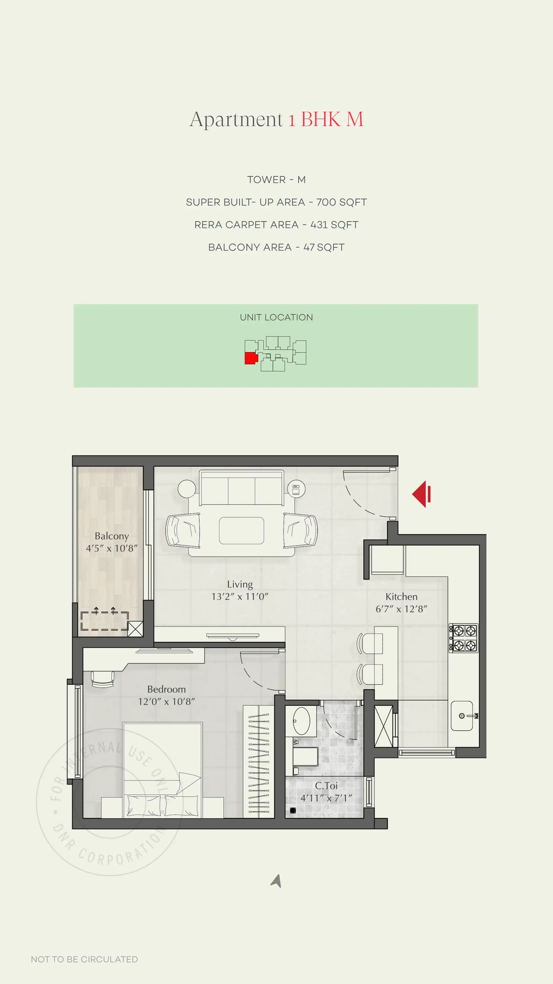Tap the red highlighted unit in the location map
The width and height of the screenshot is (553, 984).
point(251,358)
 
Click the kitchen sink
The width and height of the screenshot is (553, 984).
point(462,715)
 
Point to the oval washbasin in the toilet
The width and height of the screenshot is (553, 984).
point(302,721)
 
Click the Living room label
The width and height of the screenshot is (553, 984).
point(240,584)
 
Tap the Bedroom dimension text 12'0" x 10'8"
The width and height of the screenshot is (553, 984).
point(166,701)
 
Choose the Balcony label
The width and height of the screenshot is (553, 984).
point(111,536)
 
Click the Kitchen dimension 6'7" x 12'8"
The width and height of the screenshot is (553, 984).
point(401,609)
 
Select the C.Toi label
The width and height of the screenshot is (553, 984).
point(326,785)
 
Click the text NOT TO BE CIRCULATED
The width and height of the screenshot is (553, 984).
point(84,959)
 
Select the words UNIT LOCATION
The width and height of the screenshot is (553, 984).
point(276,317)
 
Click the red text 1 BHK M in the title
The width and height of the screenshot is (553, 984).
point(326,119)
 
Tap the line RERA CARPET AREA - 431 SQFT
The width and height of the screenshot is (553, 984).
point(276,225)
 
